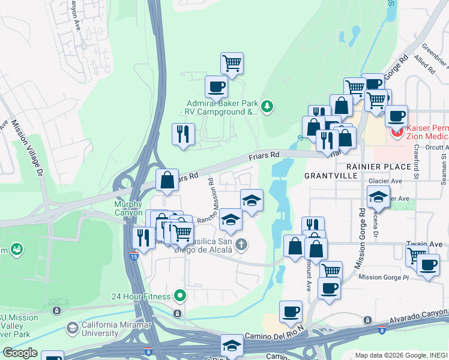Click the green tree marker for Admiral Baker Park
267,107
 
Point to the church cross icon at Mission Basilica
241,244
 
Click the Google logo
20,352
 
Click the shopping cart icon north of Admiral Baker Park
232,62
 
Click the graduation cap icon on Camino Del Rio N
232,345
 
